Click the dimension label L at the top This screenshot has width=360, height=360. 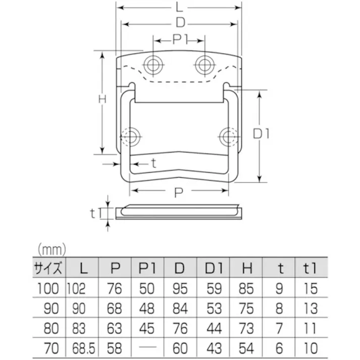tap(180, 8)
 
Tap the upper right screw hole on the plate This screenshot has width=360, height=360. tap(203, 64)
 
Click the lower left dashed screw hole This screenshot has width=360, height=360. tap(132, 135)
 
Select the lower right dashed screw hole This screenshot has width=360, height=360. tap(227, 135)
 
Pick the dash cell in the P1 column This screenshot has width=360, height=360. tap(147, 348)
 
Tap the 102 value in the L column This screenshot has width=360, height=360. tap(77, 289)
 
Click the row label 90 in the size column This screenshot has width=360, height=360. tap(50, 308)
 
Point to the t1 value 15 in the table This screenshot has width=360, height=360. tap(311, 289)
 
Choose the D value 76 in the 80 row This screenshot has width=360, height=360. tap(180, 328)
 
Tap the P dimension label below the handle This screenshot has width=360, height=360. tap(179, 191)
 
